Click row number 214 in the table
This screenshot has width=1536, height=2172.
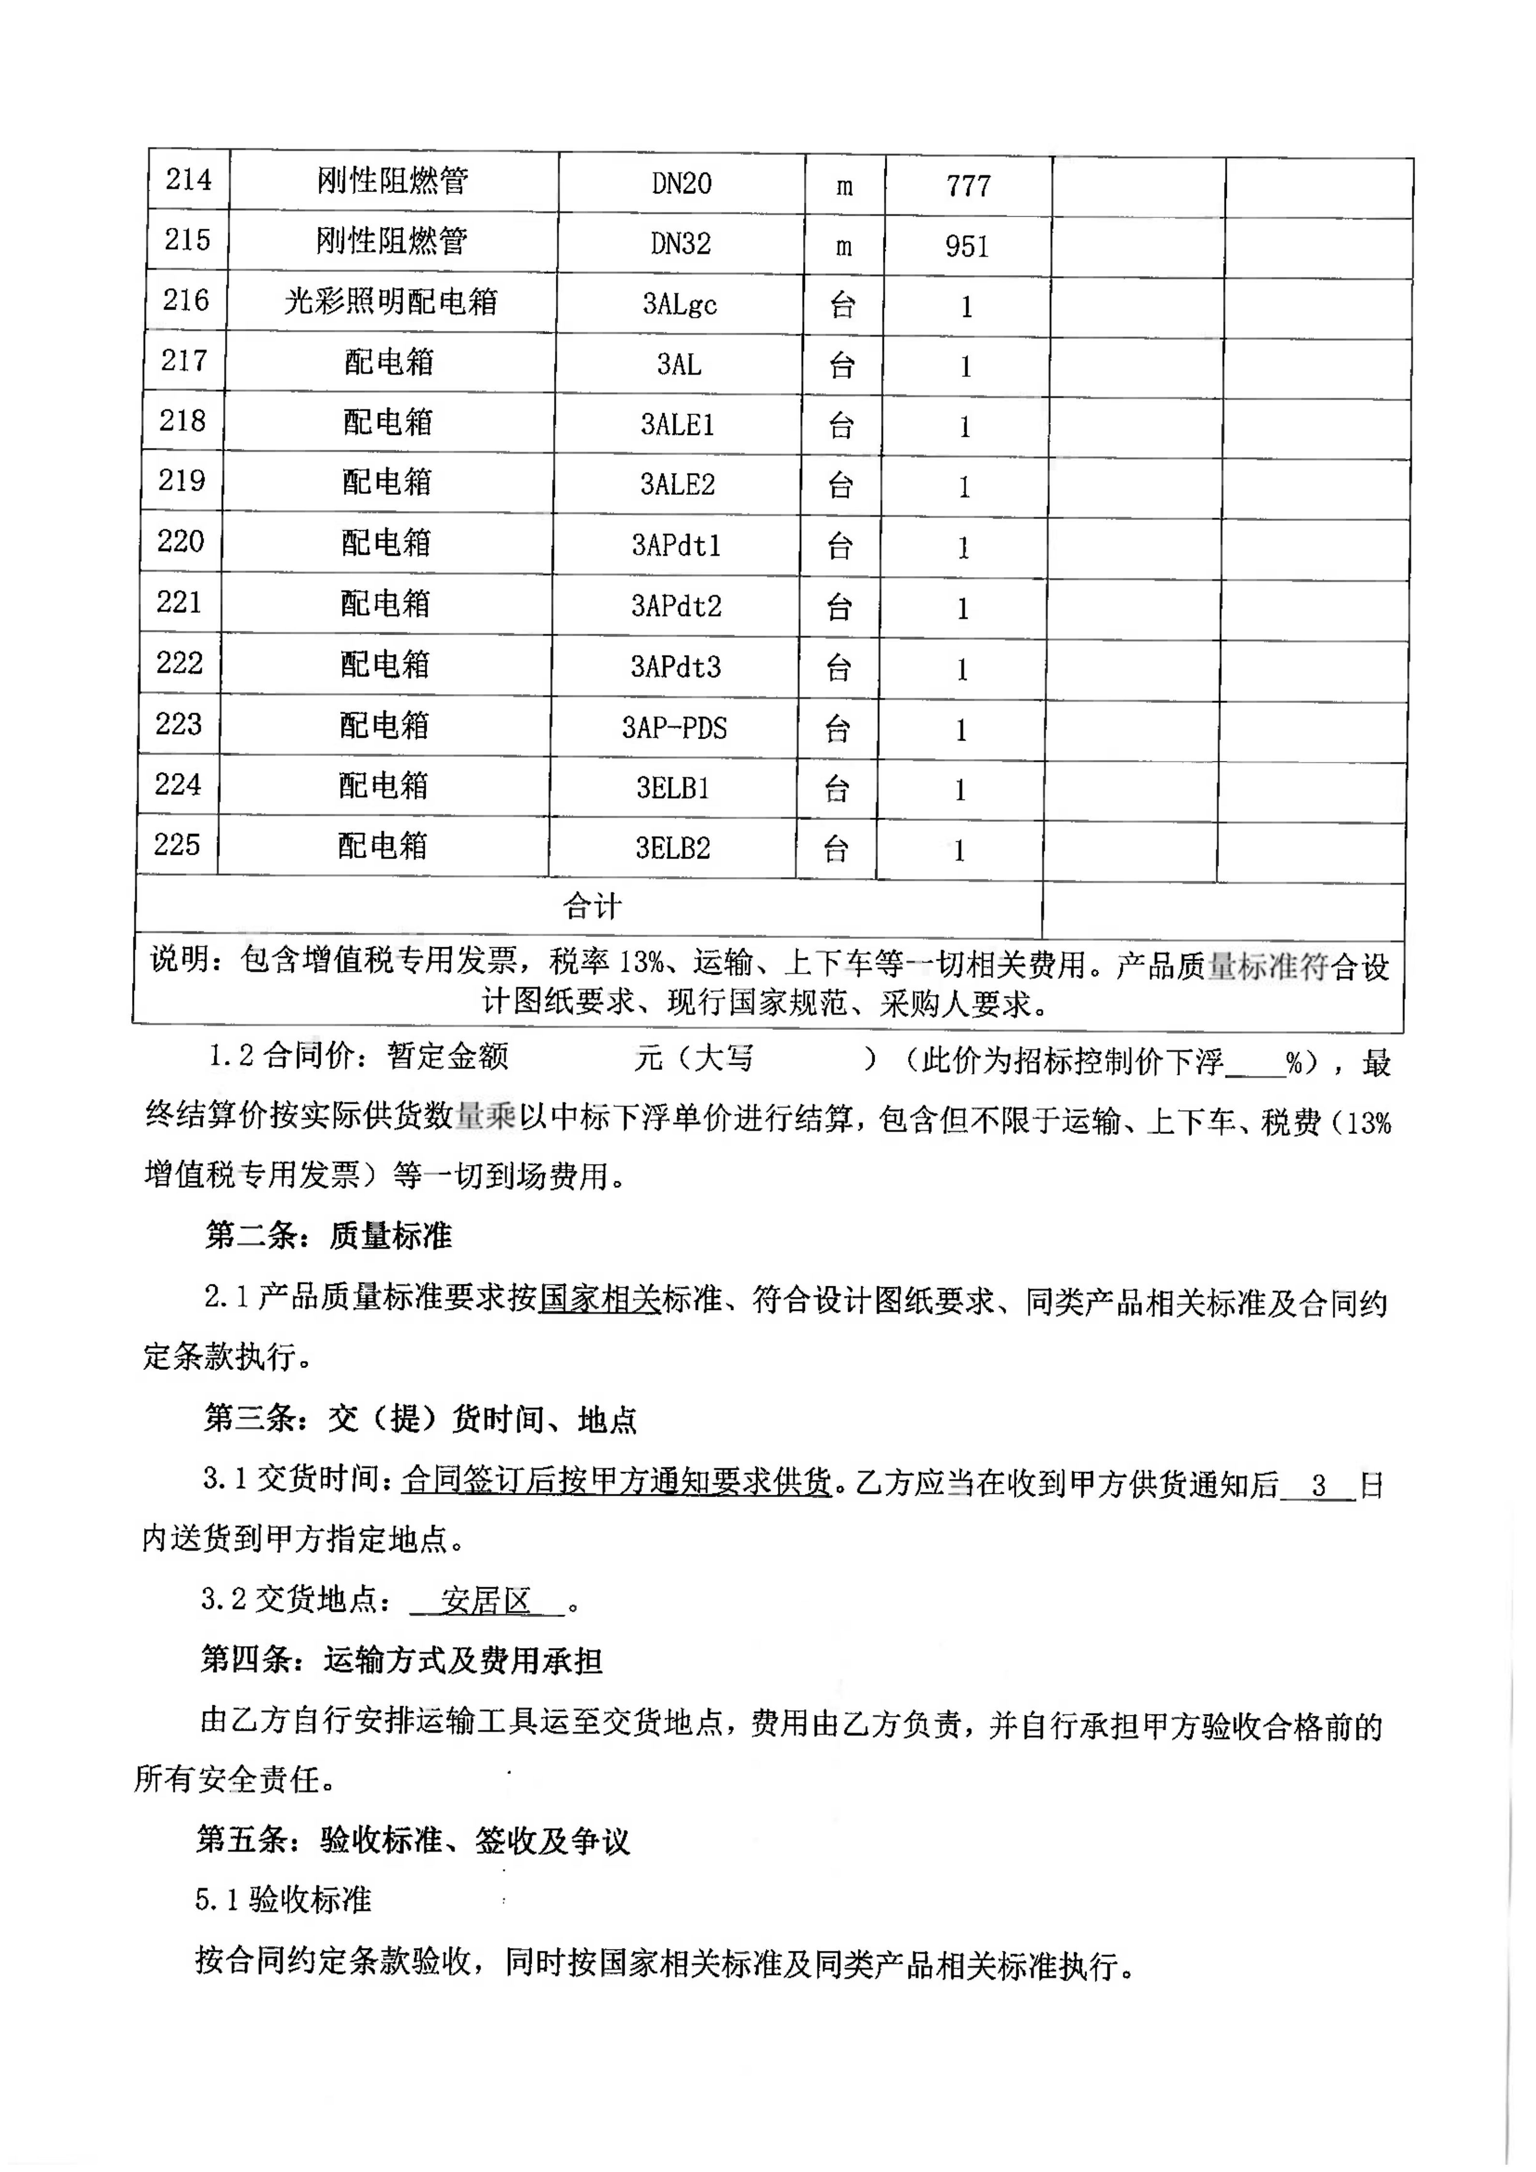tap(188, 180)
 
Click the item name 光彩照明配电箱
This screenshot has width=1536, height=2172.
tap(390, 302)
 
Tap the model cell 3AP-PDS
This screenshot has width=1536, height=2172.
tap(674, 728)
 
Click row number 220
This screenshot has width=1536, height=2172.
tap(180, 542)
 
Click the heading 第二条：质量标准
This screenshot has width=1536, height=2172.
tap(328, 1235)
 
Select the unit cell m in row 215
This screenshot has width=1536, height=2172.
tap(844, 246)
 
